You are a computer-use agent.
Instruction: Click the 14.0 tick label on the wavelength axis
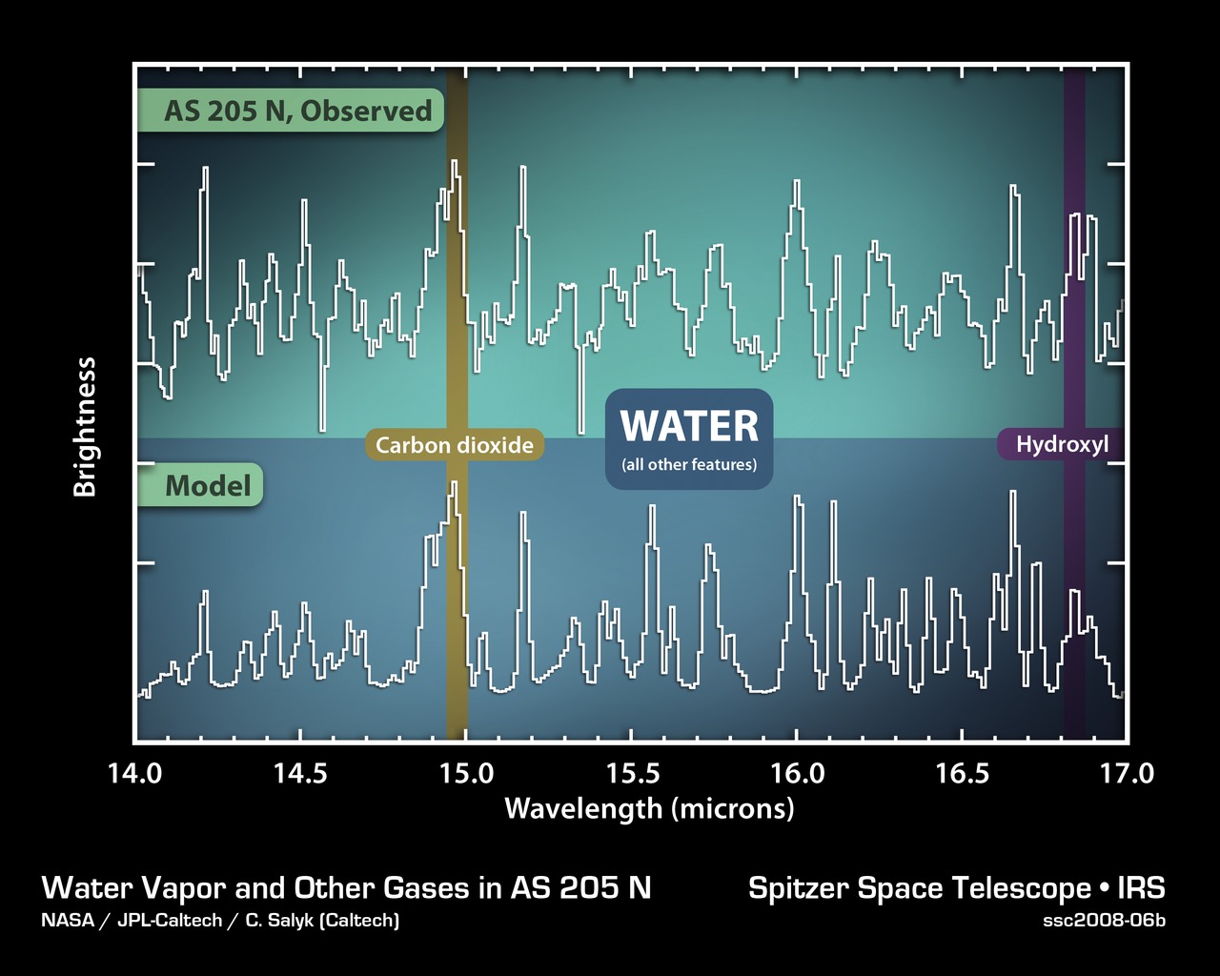pos(134,773)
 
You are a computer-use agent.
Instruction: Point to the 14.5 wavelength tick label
pos(300,773)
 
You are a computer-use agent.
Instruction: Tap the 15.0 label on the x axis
pos(466,773)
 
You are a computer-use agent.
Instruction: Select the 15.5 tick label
pos(632,773)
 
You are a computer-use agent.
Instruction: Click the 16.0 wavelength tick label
pos(798,773)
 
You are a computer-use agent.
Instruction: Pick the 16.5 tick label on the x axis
pos(963,773)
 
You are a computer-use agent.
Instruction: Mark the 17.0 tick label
pos(1128,773)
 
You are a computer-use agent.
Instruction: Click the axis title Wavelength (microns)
pos(649,809)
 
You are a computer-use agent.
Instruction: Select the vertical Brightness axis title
pos(86,427)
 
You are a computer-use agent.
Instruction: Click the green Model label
pos(208,486)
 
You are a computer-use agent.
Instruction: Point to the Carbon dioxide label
pos(455,445)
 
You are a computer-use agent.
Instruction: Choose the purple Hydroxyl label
pos(1062,444)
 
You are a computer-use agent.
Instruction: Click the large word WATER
pos(689,426)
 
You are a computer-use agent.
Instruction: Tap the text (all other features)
pos(689,465)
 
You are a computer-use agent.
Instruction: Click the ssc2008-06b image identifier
pos(1105,921)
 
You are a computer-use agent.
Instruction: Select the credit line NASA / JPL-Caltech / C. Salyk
pos(220,921)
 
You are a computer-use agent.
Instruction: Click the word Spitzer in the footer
pos(799,888)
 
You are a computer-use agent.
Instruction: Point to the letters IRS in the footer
pos(1142,888)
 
